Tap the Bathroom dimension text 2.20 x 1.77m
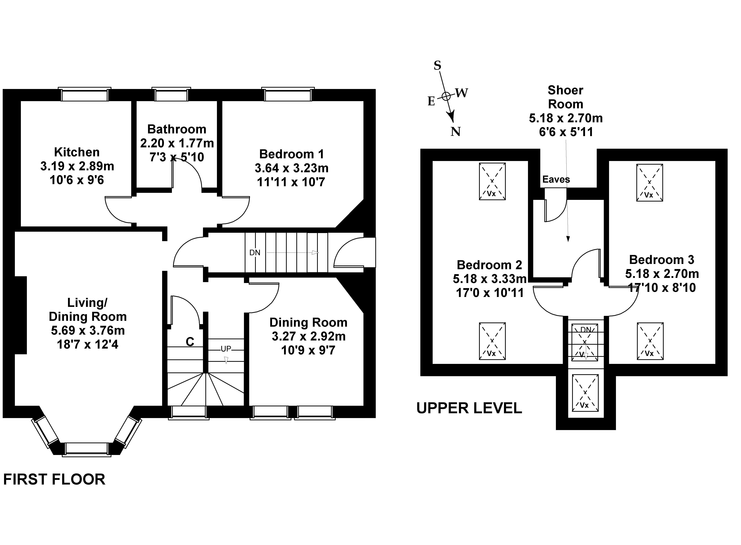pos(177,143)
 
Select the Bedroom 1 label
pos(291,154)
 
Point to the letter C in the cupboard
pos(190,342)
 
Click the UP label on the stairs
pos(226,349)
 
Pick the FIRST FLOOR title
pos(54,479)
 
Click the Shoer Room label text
pos(565,97)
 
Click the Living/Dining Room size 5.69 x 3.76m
pos(88,330)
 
